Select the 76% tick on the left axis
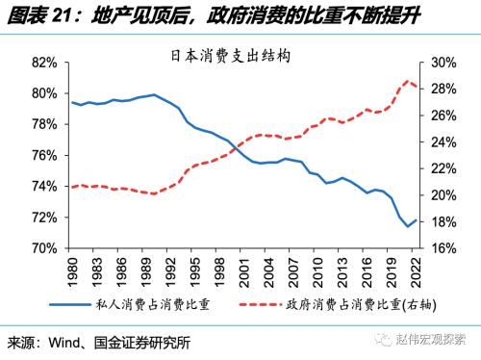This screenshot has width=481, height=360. pos(46,155)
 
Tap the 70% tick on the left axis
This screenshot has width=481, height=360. pos(46,247)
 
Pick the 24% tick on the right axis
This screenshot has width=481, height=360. pos(443,141)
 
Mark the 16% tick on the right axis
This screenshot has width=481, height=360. pos(443,247)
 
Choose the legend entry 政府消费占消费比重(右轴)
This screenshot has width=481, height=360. pos(355,305)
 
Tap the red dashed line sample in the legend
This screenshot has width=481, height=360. pos(260,305)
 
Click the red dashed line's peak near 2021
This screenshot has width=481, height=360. pos(407,81)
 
